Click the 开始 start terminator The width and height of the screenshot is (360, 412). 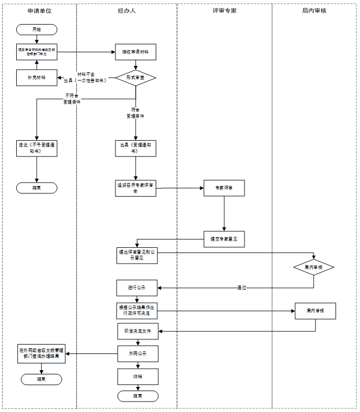click(37, 29)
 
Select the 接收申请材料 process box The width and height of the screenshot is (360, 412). click(136, 52)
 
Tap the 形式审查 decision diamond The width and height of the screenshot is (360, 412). click(136, 77)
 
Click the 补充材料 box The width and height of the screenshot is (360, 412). click(37, 77)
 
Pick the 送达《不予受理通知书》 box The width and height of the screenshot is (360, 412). click(37, 148)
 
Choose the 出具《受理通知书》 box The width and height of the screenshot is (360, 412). click(136, 148)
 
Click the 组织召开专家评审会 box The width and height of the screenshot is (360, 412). click(136, 188)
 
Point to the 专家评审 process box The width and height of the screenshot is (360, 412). click(224, 188)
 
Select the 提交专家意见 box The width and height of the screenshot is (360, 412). click(224, 239)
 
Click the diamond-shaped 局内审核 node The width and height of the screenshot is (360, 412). click(313, 267)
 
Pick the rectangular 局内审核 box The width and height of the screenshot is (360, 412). click(316, 311)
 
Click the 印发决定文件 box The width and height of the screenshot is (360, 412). click(137, 331)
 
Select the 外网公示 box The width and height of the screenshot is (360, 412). click(137, 354)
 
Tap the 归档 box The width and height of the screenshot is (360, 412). click(137, 376)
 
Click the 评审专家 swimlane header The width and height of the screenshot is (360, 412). click(225, 10)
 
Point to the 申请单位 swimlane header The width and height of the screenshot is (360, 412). click(39, 10)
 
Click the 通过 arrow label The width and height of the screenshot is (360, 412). click(241, 288)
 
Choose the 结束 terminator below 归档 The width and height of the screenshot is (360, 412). click(137, 396)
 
